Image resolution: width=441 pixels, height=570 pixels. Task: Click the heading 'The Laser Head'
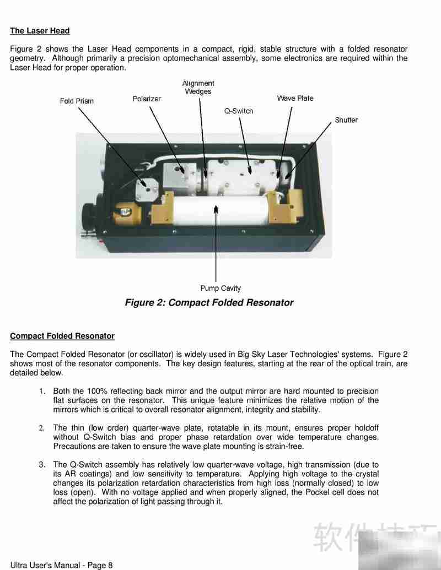pyautogui.click(x=40, y=31)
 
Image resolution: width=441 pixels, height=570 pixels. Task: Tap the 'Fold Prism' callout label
pyautogui.click(x=77, y=101)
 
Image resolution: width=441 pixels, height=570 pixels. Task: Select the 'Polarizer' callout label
pyautogui.click(x=147, y=99)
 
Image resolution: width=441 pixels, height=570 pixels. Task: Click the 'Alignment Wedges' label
pyautogui.click(x=198, y=88)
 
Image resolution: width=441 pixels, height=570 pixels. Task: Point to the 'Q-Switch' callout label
pyautogui.click(x=238, y=111)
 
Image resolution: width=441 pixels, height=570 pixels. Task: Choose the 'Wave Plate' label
pyautogui.click(x=295, y=99)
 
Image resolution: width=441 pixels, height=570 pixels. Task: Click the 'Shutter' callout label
pyautogui.click(x=346, y=120)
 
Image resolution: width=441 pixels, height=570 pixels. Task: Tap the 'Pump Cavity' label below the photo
pyautogui.click(x=220, y=288)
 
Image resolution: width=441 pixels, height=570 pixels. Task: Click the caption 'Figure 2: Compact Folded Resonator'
pyautogui.click(x=209, y=303)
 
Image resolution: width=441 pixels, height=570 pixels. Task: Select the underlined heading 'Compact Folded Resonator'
pyautogui.click(x=62, y=336)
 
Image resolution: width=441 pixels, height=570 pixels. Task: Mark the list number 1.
pyautogui.click(x=42, y=392)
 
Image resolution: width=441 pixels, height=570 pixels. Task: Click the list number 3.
pyautogui.click(x=42, y=465)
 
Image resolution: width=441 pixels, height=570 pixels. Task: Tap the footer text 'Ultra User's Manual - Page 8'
pyautogui.click(x=61, y=565)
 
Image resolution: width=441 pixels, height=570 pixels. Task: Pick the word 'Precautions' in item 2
pyautogui.click(x=74, y=447)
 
